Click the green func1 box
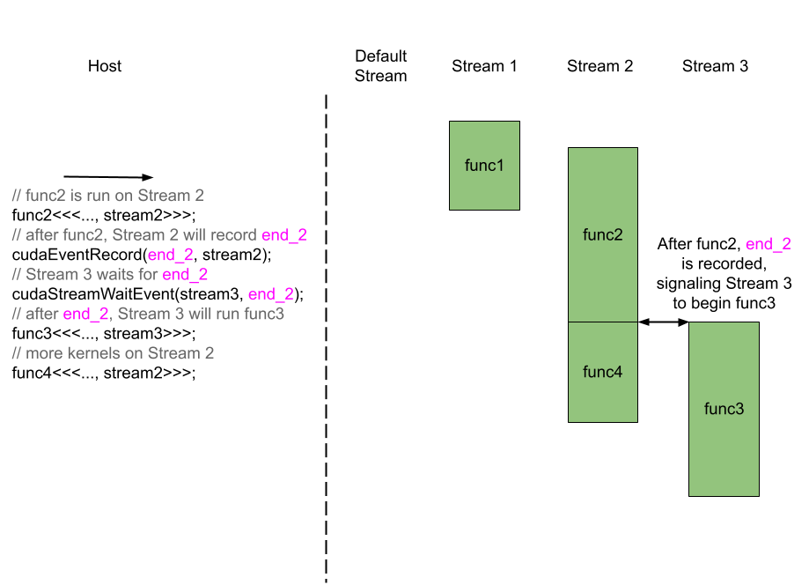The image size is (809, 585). coord(484,166)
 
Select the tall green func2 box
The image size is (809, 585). coord(603,234)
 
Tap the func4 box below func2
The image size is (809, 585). coord(603,372)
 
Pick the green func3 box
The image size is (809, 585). coord(724,409)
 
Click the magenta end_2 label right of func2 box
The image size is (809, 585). coord(768,245)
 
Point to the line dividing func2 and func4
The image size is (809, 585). coord(603,322)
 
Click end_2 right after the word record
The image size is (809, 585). coord(284,235)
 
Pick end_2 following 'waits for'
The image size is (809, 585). coord(185,274)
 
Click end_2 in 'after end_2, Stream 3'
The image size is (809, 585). coord(86,314)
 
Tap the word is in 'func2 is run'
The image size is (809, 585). coord(77,196)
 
